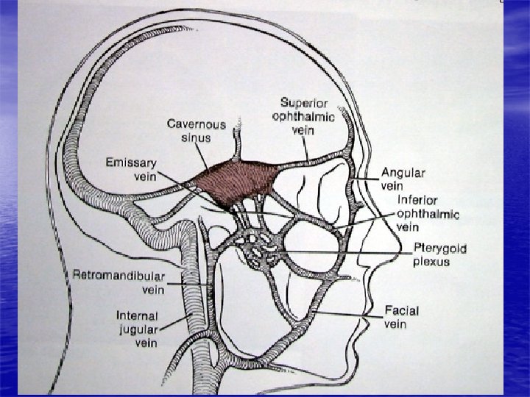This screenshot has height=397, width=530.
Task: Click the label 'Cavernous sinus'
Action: tap(196, 130)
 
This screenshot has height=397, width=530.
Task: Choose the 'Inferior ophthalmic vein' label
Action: tap(427, 213)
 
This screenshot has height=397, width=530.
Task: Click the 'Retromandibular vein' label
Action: tap(118, 282)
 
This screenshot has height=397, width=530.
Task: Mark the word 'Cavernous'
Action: tap(196, 124)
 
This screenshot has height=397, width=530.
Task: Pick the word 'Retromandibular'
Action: tap(118, 275)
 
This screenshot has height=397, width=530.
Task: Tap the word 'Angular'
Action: tap(402, 172)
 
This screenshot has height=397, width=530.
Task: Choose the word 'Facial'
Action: tap(402, 311)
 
